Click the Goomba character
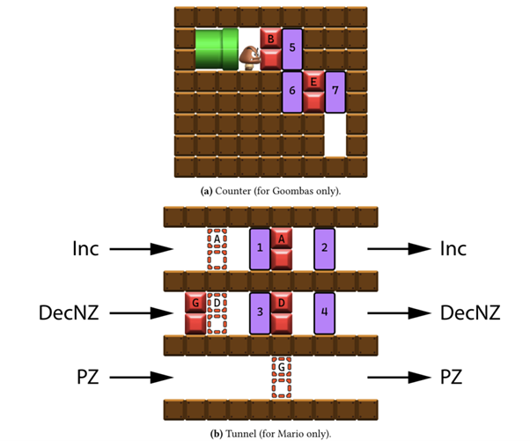pos(250,58)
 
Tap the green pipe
pos(217,49)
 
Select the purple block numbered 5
pos(292,49)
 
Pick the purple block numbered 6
pos(292,92)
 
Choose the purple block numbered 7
pos(335,92)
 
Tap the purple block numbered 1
pos(260,249)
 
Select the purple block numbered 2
pos(325,249)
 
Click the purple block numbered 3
pos(260,313)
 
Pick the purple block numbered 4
pos(325,313)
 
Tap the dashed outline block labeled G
pos(281,378)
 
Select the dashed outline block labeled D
pos(217,313)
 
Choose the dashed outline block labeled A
pos(217,249)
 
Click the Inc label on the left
pos(85,249)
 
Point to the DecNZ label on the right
pos(470,312)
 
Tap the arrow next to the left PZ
pos(142,377)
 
